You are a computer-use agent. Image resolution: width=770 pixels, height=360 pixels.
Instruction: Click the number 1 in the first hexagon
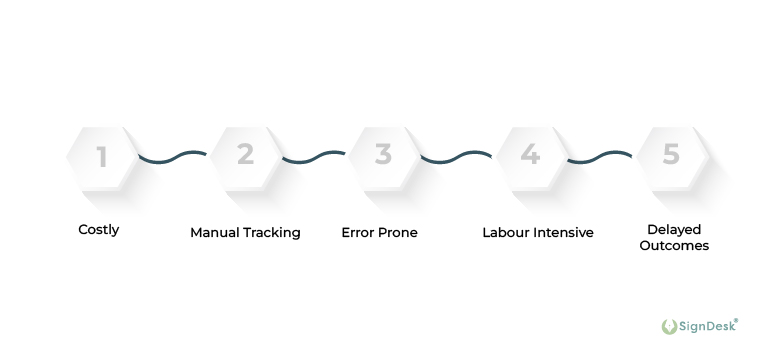click(x=101, y=156)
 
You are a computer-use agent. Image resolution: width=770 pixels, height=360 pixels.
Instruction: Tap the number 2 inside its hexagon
click(x=245, y=155)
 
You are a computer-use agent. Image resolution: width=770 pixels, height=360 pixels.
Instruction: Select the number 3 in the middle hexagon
click(x=383, y=155)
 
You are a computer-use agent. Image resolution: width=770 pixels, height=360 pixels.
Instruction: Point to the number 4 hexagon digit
click(x=530, y=155)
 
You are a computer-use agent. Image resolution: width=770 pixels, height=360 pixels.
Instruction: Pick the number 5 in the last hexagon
click(x=671, y=155)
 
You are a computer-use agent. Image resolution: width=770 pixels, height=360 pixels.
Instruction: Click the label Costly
click(x=99, y=230)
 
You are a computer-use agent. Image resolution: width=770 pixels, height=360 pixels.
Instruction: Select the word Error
click(x=358, y=233)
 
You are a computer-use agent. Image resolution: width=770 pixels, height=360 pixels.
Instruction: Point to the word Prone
click(x=398, y=233)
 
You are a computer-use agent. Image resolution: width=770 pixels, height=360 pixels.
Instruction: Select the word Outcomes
click(x=676, y=246)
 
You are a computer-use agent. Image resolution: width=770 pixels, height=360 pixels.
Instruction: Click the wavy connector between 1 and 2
click(x=173, y=157)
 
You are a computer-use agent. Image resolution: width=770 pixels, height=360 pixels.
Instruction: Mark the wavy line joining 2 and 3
click(x=314, y=157)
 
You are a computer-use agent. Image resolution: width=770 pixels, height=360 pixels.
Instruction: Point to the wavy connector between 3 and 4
click(x=456, y=157)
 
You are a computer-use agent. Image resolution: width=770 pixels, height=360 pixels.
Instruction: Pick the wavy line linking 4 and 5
click(x=600, y=157)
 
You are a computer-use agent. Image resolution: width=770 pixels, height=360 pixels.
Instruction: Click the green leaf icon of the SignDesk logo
click(x=669, y=326)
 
